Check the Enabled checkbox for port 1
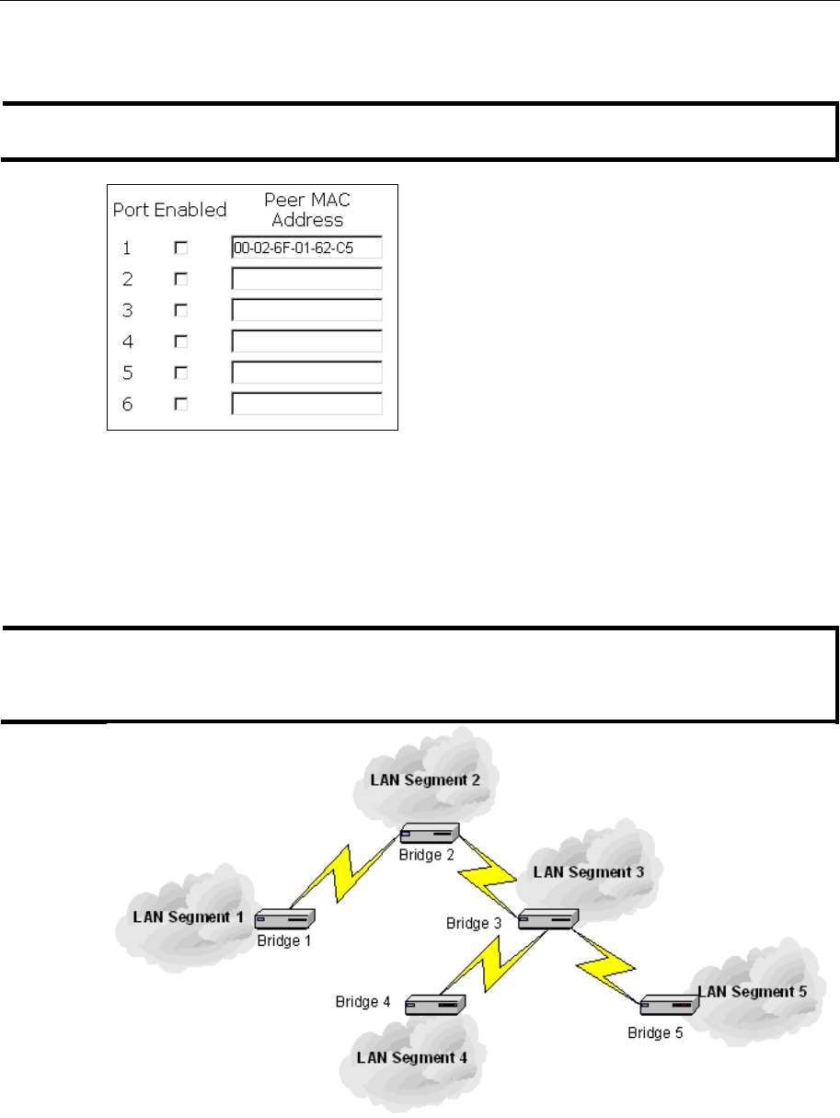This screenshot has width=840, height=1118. pos(181,248)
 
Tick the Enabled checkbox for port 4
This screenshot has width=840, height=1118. pos(181,341)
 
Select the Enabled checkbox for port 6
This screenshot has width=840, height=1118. pos(181,404)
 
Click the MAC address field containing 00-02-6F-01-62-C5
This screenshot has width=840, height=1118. pos(306,248)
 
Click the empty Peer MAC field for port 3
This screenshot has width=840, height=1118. pos(306,310)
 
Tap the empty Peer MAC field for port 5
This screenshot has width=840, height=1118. pos(306,373)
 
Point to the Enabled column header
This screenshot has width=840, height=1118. pos(190,210)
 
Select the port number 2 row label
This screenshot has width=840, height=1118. pos(128,279)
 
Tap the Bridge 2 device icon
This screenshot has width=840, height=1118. pos(429,835)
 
